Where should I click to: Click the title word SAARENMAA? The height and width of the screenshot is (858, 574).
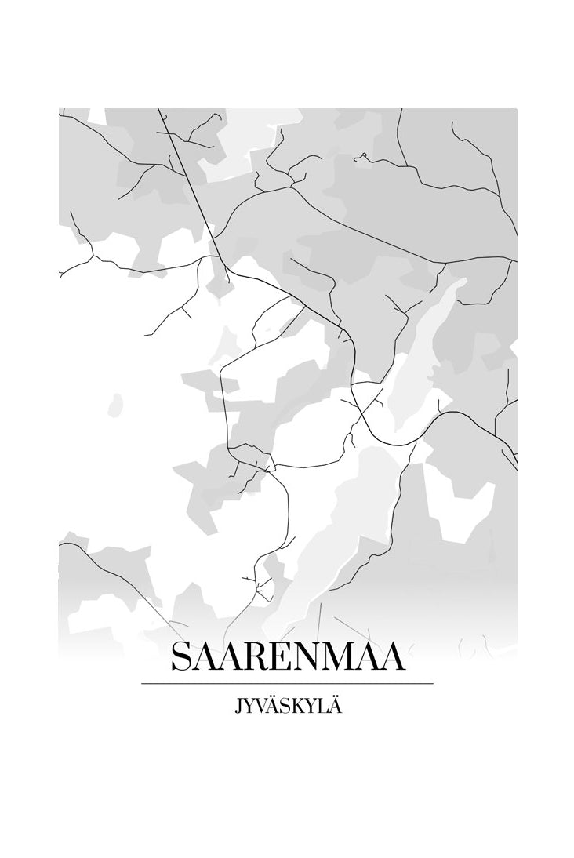click(287, 657)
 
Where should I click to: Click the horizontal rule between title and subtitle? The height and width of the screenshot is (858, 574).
click(287, 684)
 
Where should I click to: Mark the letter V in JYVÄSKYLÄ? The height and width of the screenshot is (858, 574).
click(263, 706)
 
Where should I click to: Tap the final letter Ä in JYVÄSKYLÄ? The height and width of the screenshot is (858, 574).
click(337, 706)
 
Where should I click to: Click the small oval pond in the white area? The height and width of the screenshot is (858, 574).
click(115, 405)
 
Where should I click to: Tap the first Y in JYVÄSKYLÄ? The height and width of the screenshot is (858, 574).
click(249, 706)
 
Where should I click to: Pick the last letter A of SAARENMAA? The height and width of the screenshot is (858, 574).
click(393, 657)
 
